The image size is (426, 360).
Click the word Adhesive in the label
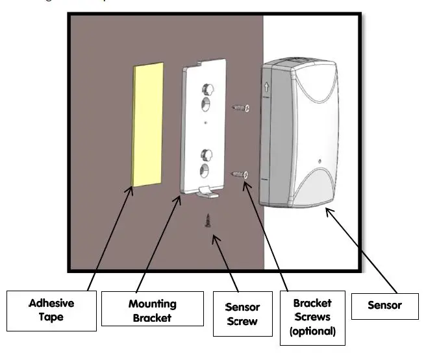click(51, 303)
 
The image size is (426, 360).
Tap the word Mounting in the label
click(152, 304)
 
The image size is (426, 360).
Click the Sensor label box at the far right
click(384, 305)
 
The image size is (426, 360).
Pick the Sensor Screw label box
click(242, 313)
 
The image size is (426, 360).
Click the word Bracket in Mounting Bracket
click(152, 317)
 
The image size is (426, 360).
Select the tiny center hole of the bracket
click(205, 121)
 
